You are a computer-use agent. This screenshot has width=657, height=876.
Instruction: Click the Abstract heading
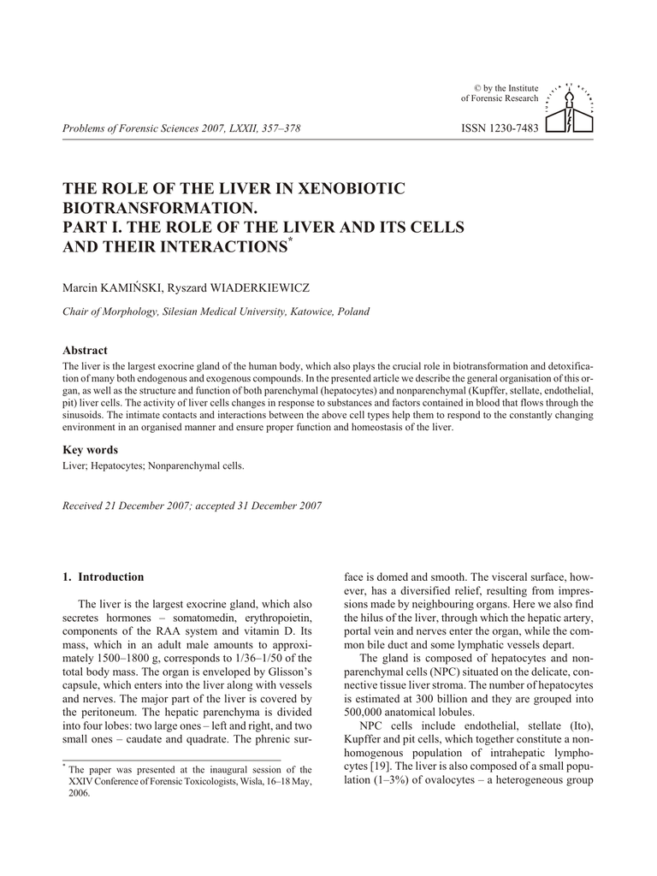pyautogui.click(x=86, y=350)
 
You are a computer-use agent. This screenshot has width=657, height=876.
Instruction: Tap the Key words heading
pyautogui.click(x=91, y=450)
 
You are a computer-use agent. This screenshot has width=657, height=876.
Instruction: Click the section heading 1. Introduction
pyautogui.click(x=104, y=577)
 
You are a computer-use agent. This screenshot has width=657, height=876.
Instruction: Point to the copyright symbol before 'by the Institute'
pyautogui.click(x=478, y=88)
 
